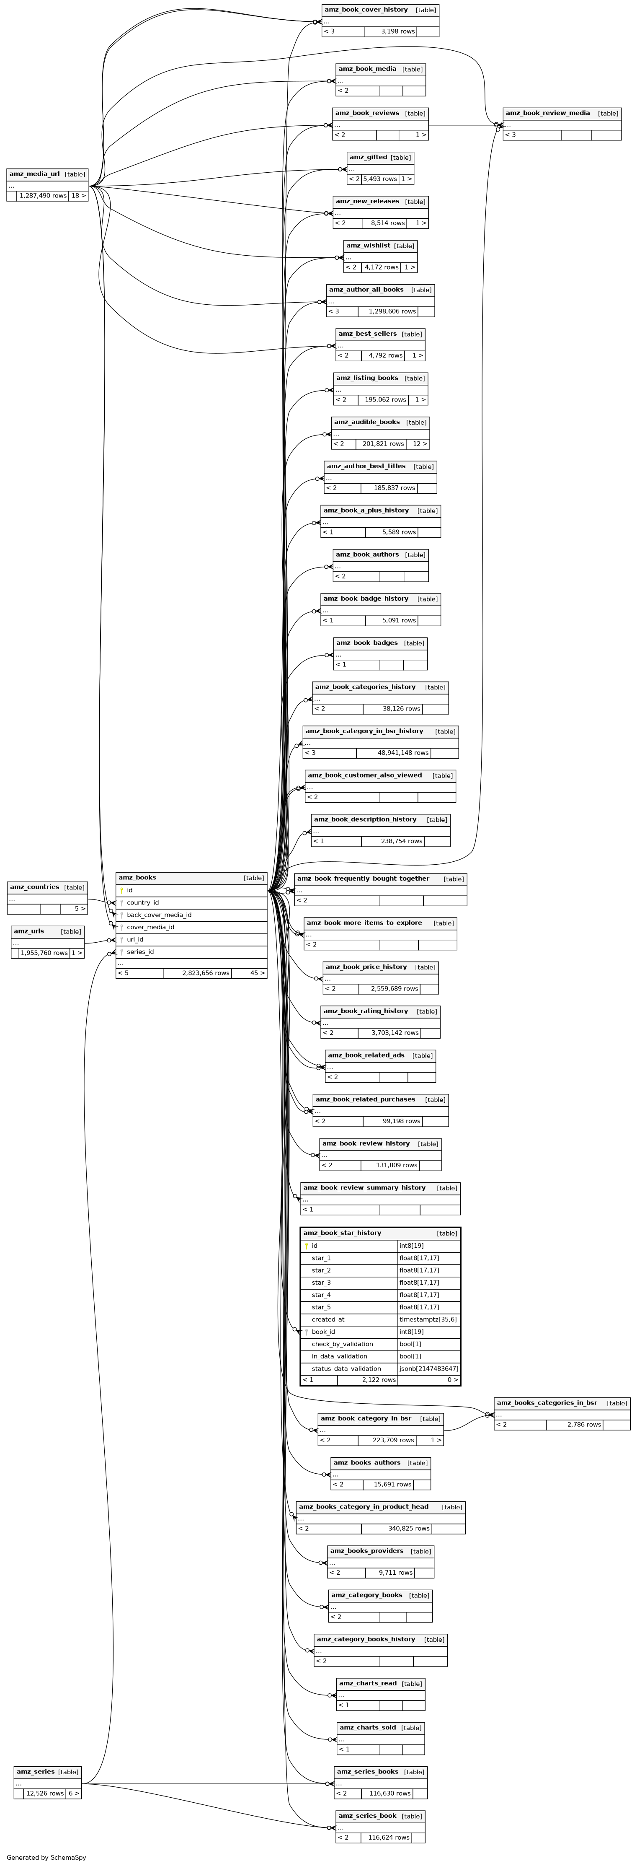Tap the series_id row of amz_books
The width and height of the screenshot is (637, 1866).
point(140,952)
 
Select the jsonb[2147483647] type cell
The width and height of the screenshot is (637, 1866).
point(428,1368)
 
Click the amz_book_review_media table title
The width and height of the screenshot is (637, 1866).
point(547,113)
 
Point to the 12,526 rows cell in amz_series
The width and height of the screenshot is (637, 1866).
point(45,1793)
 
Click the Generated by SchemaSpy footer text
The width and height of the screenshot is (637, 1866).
point(46,1857)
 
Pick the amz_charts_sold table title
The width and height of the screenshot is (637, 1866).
point(368,1728)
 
